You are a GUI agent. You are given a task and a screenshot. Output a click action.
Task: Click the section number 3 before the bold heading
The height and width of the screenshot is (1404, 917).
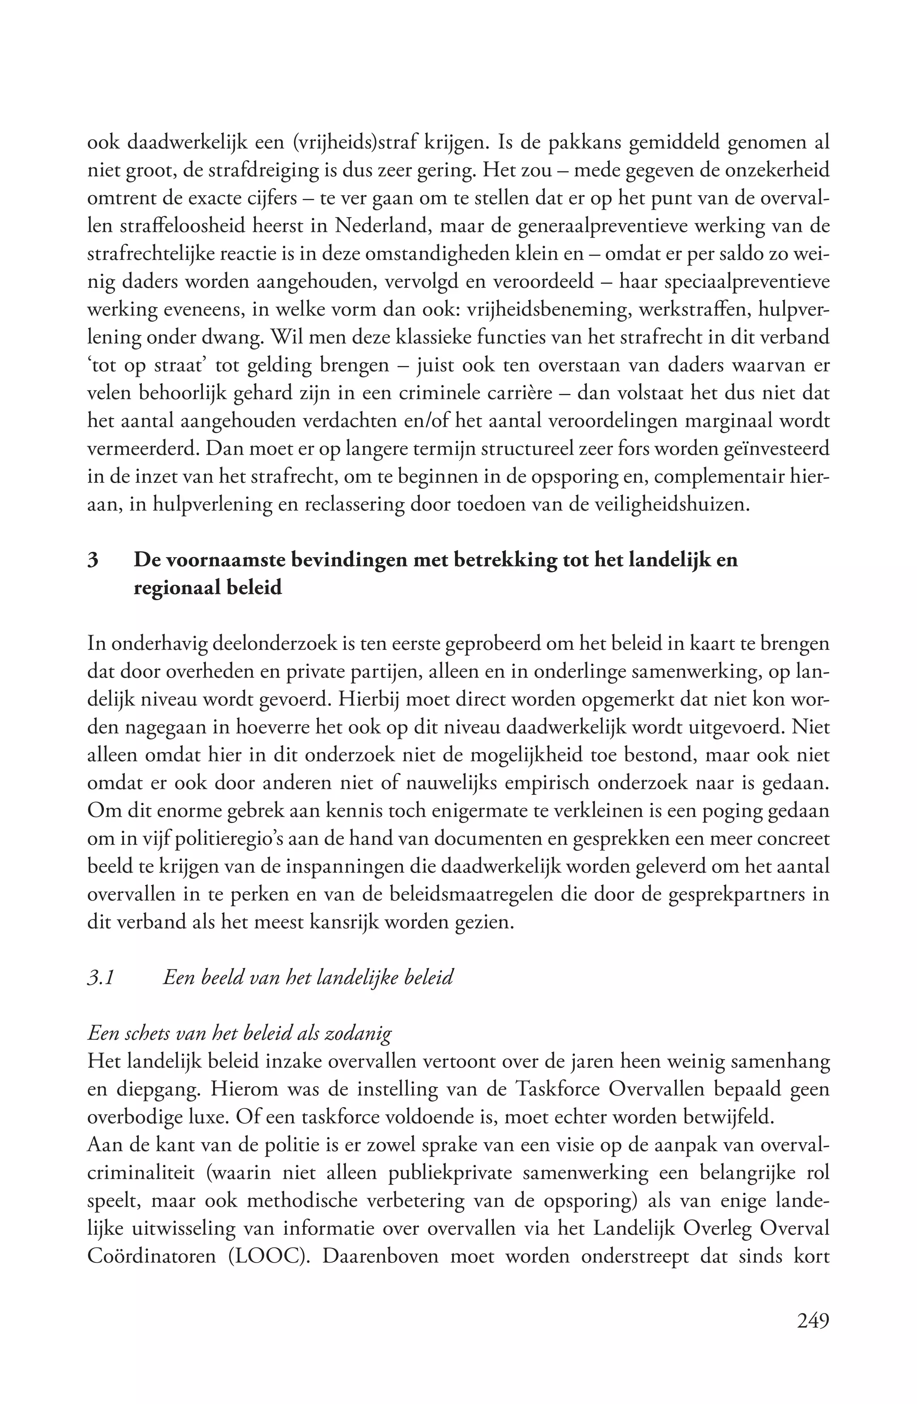coord(92,559)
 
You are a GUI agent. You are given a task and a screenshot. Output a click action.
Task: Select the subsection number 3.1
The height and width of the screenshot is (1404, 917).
coord(100,978)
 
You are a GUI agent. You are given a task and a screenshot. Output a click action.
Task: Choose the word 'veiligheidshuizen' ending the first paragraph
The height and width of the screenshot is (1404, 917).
coord(670,505)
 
